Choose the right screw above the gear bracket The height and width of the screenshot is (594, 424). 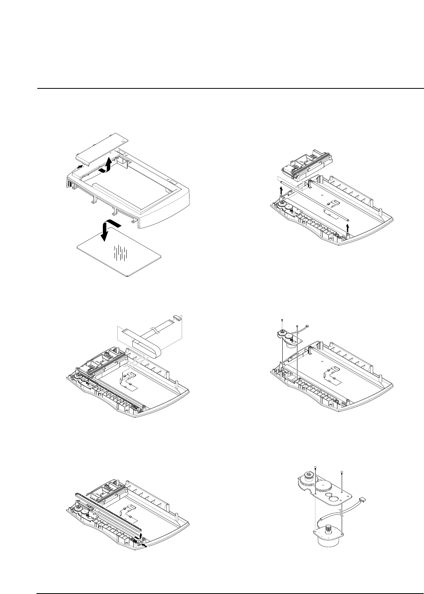(341, 472)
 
